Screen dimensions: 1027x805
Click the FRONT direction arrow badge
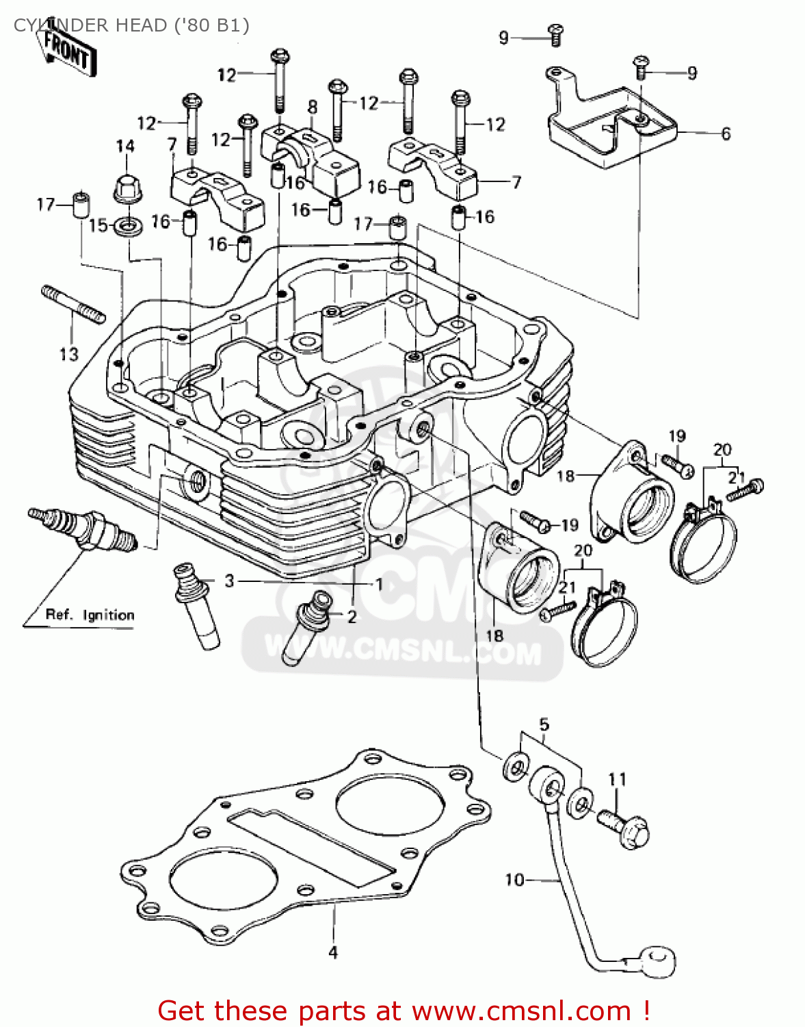coord(67,51)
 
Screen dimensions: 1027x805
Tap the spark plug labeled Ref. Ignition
coord(82,529)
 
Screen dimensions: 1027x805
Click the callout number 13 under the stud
coord(68,354)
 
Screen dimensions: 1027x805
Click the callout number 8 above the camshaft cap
coord(313,107)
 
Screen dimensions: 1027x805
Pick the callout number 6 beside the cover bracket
coord(726,134)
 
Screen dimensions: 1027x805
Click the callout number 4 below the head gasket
coord(333,952)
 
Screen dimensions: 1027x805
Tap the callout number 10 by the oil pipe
coord(514,879)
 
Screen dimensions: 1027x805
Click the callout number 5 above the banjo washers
coord(544,724)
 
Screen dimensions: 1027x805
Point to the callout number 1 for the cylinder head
coord(378,584)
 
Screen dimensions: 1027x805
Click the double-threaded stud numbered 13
coord(74,304)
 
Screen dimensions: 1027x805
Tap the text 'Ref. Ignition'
coord(90,615)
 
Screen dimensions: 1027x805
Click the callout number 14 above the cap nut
coord(125,146)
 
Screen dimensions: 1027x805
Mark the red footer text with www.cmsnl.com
coord(404,1011)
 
